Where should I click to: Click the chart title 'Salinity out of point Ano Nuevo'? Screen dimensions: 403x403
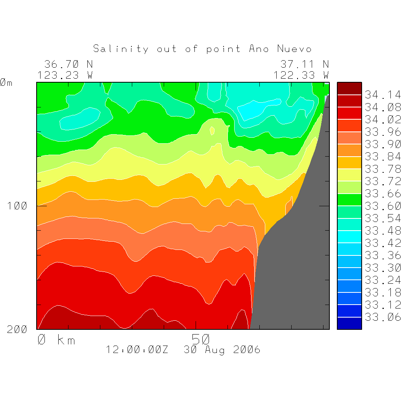[x=202, y=49]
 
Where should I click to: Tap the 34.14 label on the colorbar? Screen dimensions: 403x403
[x=383, y=95]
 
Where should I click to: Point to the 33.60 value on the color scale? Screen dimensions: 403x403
[x=383, y=206]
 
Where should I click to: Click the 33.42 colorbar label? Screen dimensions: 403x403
[x=383, y=243]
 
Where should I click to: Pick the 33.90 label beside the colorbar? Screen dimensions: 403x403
[x=383, y=144]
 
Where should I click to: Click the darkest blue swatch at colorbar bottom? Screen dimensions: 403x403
[x=349, y=323]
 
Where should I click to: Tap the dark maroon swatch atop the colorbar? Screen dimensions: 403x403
[x=349, y=89]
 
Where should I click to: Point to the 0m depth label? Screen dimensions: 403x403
[x=6, y=83]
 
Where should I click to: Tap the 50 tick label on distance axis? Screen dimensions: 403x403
[x=201, y=339]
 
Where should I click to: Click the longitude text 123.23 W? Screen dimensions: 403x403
[x=65, y=75]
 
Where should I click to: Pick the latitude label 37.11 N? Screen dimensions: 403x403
[x=305, y=64]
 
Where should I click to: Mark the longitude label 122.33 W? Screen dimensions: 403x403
[x=301, y=75]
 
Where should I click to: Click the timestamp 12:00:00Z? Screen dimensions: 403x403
[x=137, y=349]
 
